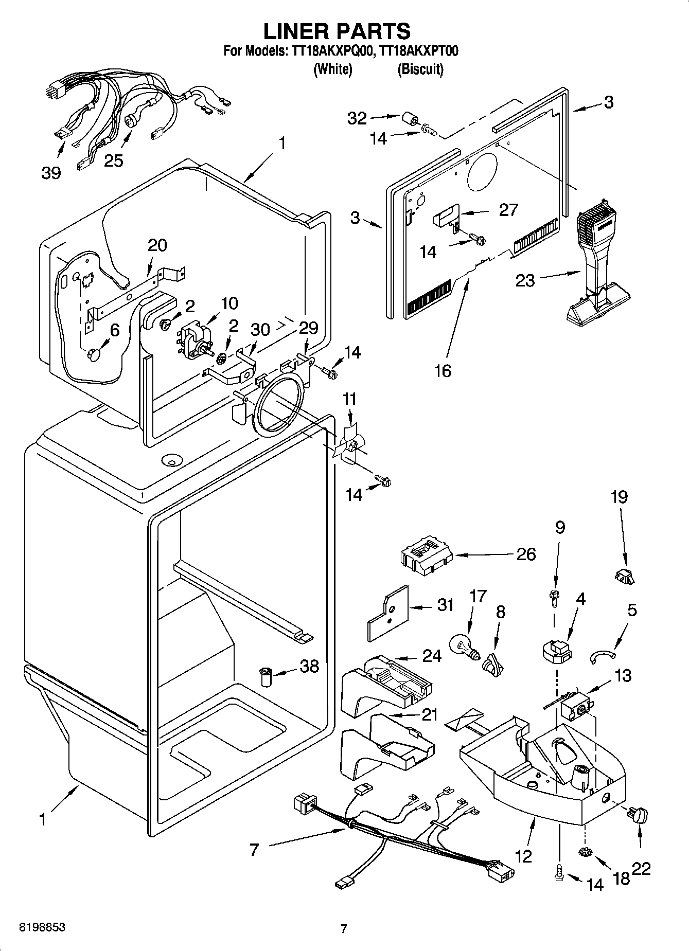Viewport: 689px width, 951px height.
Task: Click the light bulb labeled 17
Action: pos(464,646)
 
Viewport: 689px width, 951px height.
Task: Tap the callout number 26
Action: pos(525,554)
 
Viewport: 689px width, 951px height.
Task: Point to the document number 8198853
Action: pos(42,927)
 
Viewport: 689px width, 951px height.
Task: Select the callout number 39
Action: pos(50,173)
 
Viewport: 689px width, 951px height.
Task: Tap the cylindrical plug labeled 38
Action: pos(266,677)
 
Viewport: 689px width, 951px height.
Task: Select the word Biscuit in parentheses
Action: pos(420,69)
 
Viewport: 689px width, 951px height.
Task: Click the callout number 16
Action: pos(443,370)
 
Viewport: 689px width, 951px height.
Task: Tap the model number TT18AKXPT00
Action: pos(418,51)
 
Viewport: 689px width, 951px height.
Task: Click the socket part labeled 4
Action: pos(556,651)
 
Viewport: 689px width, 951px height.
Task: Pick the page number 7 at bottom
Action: pos(344,928)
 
